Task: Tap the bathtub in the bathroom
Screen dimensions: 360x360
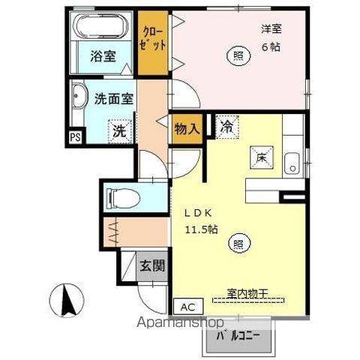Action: coord(102,28)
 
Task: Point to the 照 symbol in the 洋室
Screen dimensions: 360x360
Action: coord(237,55)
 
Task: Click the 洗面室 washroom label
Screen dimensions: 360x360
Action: coord(114,98)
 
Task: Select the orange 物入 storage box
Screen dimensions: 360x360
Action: coord(186,129)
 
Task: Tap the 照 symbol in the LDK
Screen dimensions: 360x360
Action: coord(238,243)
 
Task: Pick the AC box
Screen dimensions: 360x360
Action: coord(187,306)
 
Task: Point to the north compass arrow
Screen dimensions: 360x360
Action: coord(65,299)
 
